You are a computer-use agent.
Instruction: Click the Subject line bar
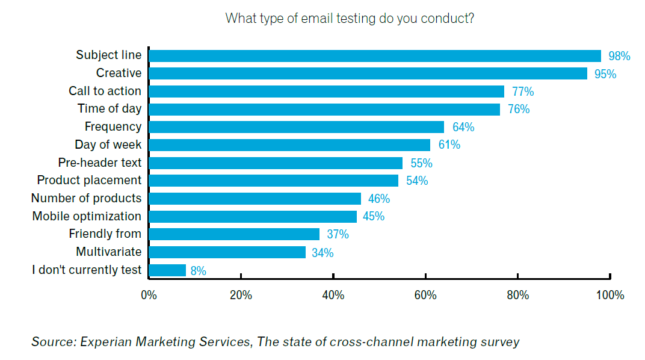[x=374, y=56]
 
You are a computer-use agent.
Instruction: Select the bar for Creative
[x=368, y=73]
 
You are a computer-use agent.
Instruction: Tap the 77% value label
[x=523, y=92]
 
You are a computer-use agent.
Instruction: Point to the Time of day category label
[x=110, y=109]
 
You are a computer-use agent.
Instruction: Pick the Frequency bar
[x=296, y=127]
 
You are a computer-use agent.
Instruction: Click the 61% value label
[x=449, y=145]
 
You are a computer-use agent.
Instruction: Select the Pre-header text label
[x=100, y=163]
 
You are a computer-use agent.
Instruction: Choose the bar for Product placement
[x=273, y=181]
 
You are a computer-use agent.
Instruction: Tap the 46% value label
[x=378, y=199]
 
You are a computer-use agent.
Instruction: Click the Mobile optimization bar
[x=252, y=216]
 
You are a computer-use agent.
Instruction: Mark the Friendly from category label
[x=105, y=234]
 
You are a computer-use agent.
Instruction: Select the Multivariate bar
[x=227, y=252]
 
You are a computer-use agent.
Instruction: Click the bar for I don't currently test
[x=167, y=270]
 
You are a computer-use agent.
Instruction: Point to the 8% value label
[x=199, y=271]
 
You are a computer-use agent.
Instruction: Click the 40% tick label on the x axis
[x=333, y=296]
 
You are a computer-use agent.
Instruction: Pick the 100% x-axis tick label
[x=610, y=296]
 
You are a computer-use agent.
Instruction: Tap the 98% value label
[x=619, y=57]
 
